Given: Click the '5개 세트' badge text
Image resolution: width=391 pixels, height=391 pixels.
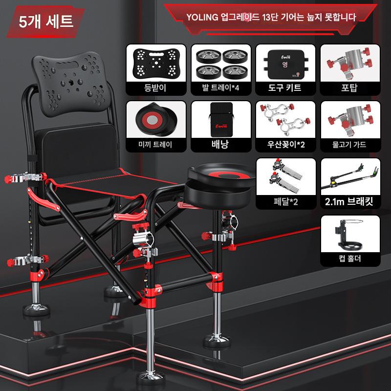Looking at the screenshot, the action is (x=46, y=22).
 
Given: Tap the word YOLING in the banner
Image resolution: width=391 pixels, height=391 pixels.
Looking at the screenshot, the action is (x=202, y=18).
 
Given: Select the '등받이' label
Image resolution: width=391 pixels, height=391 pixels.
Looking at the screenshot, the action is (x=155, y=88).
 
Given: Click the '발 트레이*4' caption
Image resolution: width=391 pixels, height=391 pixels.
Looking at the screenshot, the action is (x=220, y=88).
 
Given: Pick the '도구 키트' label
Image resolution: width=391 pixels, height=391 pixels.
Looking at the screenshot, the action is (x=285, y=88).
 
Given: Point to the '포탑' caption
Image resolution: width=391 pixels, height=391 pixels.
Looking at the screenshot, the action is (x=349, y=88).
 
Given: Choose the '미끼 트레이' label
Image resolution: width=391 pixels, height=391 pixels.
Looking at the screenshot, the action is (x=155, y=145).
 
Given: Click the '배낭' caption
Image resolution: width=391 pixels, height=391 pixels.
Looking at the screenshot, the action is (x=220, y=144).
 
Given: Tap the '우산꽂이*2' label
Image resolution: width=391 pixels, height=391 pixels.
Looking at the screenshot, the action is (x=286, y=145).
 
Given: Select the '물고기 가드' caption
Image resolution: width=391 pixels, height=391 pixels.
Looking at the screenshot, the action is (x=349, y=145).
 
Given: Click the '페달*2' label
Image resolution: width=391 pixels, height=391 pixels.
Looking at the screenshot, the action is (x=285, y=201).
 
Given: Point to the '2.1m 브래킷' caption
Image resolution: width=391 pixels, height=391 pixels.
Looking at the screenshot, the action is (x=349, y=201).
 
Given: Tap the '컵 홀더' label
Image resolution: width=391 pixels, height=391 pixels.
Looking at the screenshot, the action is (x=350, y=259).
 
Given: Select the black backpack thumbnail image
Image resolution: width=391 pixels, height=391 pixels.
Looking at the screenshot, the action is (x=221, y=119).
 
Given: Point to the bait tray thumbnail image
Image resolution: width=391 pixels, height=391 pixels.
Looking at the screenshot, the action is (x=156, y=119).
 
